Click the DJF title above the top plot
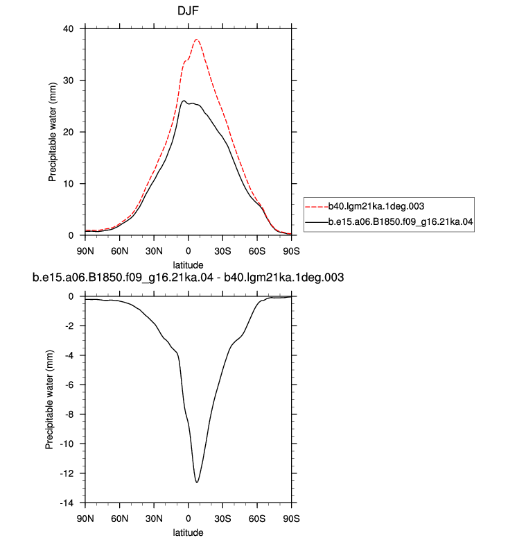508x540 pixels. point(188,10)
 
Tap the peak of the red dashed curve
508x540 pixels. point(197,40)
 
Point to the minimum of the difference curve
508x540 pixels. point(197,482)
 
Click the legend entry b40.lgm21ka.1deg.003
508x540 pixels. point(376,206)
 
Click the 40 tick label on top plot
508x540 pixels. point(69,29)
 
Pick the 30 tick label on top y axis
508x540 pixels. point(69,81)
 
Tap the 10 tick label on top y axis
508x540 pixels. point(69,184)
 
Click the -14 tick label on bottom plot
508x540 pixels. point(67,503)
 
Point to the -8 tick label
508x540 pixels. point(69,414)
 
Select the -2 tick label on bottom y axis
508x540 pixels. point(69,326)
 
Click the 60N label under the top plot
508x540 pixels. point(119,251)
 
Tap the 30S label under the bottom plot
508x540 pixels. point(222,518)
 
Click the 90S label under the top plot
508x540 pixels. point(291,251)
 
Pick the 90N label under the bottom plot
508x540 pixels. point(85,518)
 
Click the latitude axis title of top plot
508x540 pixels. point(188,265)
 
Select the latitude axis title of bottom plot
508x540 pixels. point(188,532)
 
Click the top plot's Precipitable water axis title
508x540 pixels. point(52,132)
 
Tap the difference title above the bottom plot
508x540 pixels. point(188,278)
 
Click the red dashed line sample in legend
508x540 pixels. point(317,207)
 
